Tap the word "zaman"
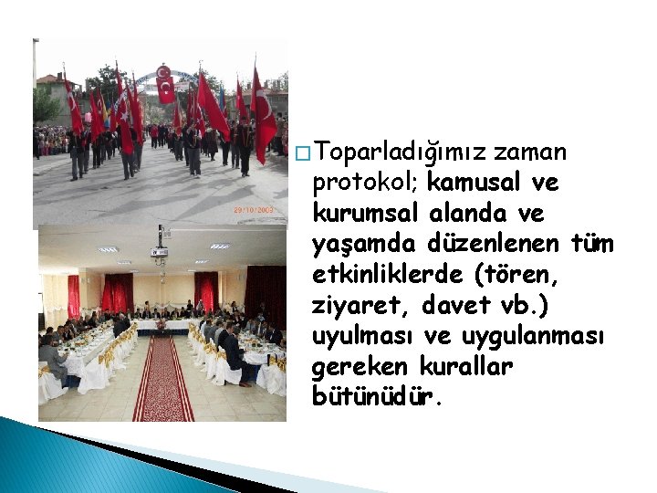(535, 151)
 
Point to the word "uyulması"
(360, 337)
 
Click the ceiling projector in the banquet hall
(160, 250)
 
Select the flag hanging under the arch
(165, 88)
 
